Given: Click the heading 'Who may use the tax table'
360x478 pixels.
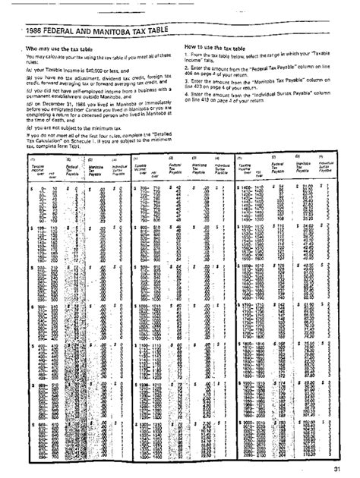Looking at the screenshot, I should pyautogui.click(x=63, y=49).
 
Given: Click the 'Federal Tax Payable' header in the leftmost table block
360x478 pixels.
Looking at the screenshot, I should pyautogui.click(x=72, y=187).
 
